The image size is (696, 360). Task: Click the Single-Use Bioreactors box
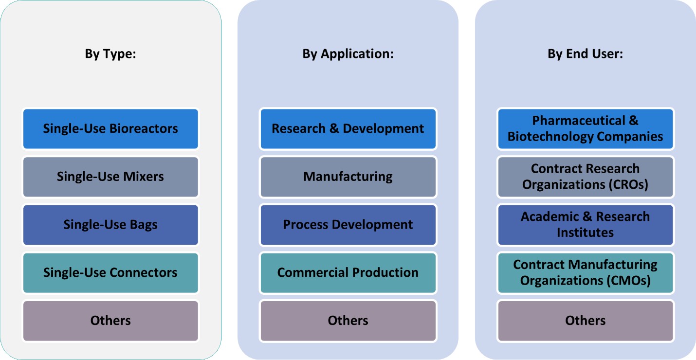click(x=110, y=129)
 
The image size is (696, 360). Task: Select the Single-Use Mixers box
click(x=110, y=177)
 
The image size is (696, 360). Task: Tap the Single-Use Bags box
click(x=110, y=225)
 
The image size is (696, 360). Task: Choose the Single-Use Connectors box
click(x=110, y=272)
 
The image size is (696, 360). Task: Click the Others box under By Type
click(x=110, y=321)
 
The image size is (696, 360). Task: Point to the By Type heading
click(x=110, y=54)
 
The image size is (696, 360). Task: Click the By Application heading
click(x=348, y=54)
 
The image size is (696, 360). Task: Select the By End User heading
click(x=586, y=54)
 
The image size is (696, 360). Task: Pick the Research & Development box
click(x=348, y=129)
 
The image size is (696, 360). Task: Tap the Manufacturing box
click(x=348, y=177)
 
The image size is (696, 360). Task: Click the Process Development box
click(x=348, y=225)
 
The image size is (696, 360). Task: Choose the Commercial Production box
click(x=348, y=272)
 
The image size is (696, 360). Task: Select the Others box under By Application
click(x=348, y=321)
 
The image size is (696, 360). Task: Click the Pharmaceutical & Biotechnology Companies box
click(x=586, y=129)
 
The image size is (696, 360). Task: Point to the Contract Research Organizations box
click(x=586, y=177)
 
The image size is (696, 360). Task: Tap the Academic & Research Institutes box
click(x=586, y=225)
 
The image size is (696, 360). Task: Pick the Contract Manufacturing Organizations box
click(x=586, y=272)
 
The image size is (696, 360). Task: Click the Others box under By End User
click(x=586, y=321)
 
